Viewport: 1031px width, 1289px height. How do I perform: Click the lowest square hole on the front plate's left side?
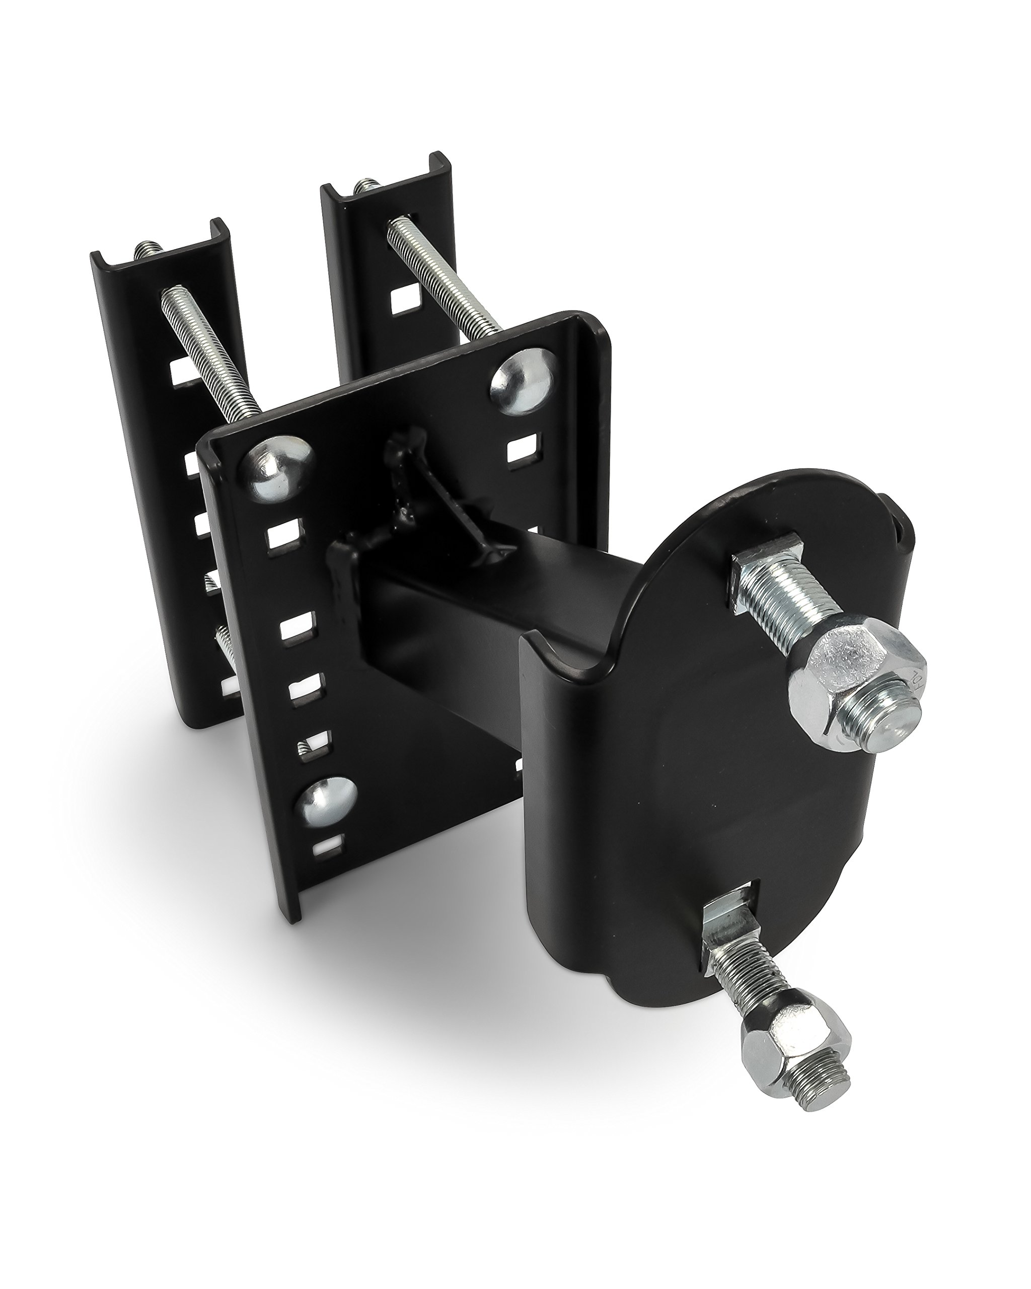coord(328,845)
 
